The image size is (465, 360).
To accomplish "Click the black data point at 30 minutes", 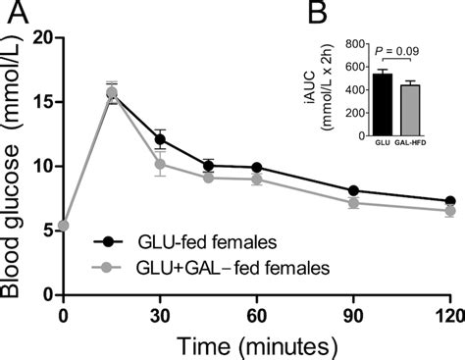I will [x=160, y=139].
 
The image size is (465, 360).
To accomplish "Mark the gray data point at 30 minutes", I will [x=160, y=164].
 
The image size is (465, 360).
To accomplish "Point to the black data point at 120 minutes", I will [x=448, y=200].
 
